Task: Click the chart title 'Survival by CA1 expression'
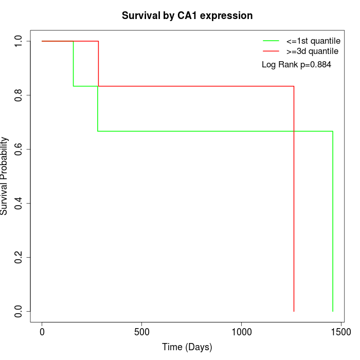pos(187,16)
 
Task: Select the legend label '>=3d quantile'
pos(312,51)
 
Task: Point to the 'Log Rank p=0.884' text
pos(296,65)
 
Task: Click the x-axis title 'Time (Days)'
pos(187,348)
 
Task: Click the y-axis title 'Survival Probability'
pos(5,176)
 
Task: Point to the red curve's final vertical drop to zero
pos(294,206)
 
